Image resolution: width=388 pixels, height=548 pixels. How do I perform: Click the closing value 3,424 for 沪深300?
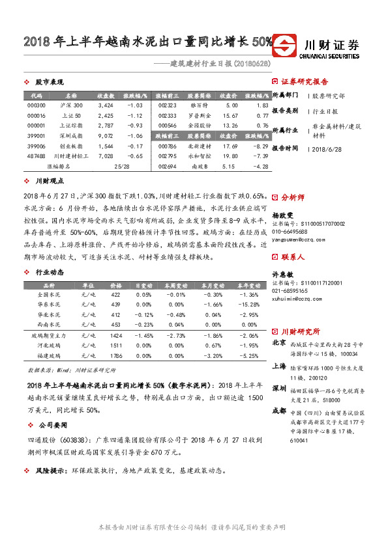point(106,105)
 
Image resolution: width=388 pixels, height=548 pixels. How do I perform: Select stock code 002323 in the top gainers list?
point(168,105)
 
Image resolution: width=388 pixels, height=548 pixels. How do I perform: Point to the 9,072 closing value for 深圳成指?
point(106,136)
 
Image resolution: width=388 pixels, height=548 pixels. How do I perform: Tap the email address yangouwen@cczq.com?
point(295,239)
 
